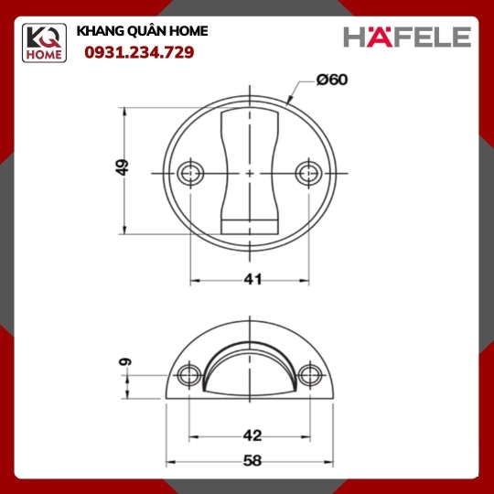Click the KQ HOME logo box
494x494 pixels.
tap(44, 43)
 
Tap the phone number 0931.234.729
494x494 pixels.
tap(139, 52)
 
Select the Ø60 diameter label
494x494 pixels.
tap(332, 80)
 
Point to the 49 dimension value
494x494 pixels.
tap(122, 167)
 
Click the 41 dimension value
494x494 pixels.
tap(252, 279)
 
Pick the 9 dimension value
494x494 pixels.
tap(125, 361)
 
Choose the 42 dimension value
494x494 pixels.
tap(252, 435)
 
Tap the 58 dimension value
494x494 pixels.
tap(252, 461)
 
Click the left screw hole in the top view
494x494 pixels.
tap(190, 173)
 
